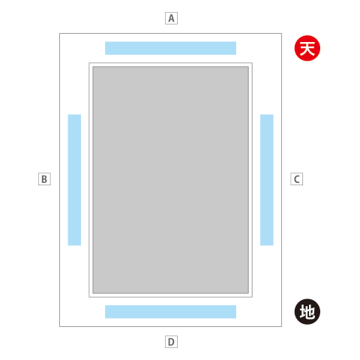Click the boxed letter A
(171, 18)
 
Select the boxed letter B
(44, 179)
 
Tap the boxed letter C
(297, 179)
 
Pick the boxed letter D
(171, 342)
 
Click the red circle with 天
(307, 48)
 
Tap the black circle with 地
(307, 312)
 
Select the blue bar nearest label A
(170, 48)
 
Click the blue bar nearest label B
(74, 180)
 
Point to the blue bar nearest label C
(267, 180)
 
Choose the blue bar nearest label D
(170, 312)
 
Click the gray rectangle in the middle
(170, 180)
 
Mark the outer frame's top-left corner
(60, 34)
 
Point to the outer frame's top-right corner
(281, 34)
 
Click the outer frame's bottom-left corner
(60, 326)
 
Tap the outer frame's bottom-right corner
(281, 326)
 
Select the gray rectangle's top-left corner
(93, 67)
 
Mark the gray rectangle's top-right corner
(248, 67)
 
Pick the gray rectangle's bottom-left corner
(93, 293)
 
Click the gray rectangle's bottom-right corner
(248, 293)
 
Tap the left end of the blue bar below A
(105, 48)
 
